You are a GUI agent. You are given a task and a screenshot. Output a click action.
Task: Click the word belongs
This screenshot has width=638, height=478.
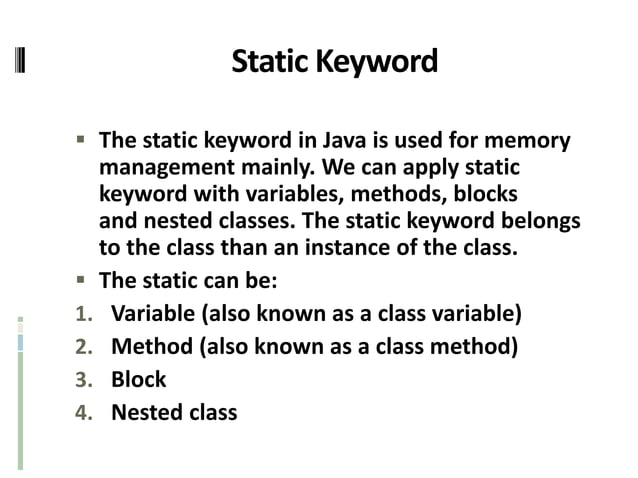[x=542, y=219]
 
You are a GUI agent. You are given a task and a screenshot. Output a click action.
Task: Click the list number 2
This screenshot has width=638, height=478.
[x=83, y=348]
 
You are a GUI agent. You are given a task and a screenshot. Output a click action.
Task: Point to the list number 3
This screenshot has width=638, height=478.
[x=83, y=380]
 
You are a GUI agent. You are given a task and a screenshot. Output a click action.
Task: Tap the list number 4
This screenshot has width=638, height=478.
[x=83, y=411]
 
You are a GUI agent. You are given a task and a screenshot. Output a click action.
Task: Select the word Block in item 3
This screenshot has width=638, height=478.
[x=138, y=380]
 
